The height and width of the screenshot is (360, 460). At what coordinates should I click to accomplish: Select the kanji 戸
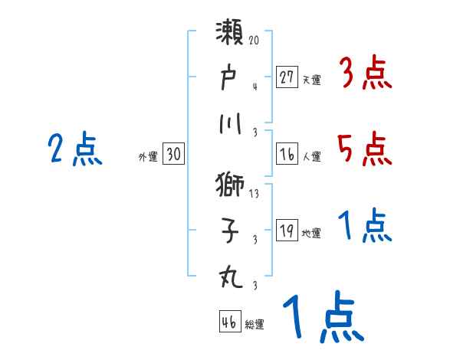(x=229, y=79)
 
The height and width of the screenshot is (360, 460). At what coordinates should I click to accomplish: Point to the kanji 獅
(x=229, y=185)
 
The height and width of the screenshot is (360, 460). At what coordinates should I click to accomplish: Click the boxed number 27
(x=287, y=77)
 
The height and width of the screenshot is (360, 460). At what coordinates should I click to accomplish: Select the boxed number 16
(x=287, y=154)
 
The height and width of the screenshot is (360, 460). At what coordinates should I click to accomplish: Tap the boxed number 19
(x=287, y=231)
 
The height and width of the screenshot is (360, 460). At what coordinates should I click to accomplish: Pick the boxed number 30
(x=173, y=155)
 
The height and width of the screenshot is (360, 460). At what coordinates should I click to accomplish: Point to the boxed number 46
(x=229, y=322)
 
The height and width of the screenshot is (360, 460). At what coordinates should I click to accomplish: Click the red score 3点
(x=364, y=74)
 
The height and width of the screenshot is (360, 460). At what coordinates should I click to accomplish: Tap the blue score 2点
(x=74, y=149)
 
